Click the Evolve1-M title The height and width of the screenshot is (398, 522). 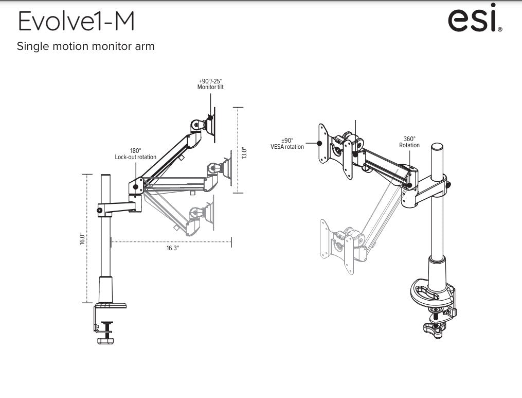pos(76,21)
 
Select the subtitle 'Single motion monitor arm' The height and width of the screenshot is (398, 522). pos(85,46)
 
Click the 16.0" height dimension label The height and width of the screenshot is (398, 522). pos(82,239)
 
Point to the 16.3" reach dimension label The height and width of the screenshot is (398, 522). pos(172,248)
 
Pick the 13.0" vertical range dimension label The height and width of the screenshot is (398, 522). pos(244,153)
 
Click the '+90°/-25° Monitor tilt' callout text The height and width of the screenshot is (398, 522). pos(210,84)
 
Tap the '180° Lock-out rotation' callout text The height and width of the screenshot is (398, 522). pos(135,154)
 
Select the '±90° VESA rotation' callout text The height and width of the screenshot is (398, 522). pos(287,144)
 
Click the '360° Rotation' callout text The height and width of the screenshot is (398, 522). pos(409,142)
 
